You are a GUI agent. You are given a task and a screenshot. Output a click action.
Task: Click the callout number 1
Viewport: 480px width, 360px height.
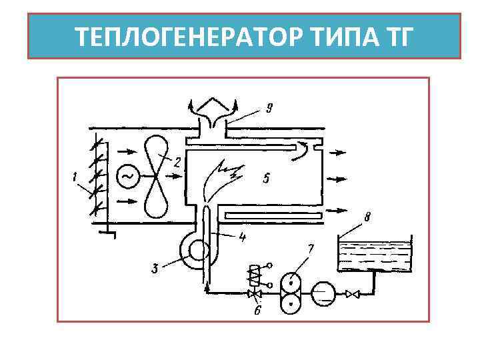(x=74, y=177)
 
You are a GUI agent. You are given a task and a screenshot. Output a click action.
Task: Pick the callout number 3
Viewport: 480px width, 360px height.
(x=155, y=269)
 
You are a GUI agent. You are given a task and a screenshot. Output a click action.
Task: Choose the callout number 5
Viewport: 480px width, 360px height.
(x=265, y=178)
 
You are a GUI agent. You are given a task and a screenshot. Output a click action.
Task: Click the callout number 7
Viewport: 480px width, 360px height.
(x=311, y=249)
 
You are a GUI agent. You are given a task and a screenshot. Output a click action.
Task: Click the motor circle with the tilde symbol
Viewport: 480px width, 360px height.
(x=127, y=176)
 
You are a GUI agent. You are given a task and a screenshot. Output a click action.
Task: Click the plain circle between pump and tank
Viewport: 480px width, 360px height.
(x=323, y=293)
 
